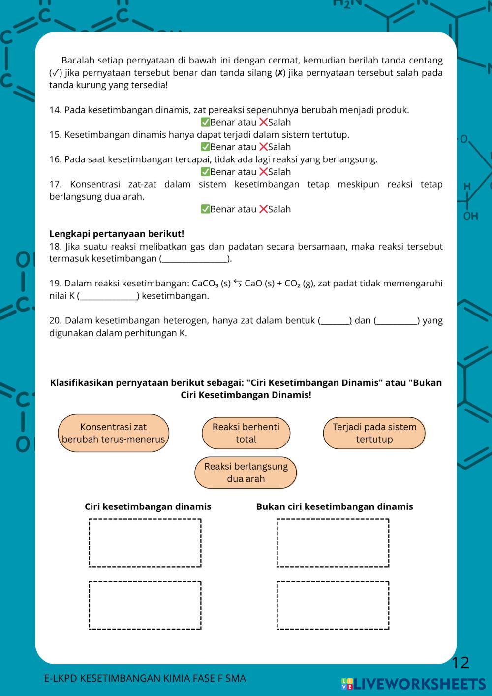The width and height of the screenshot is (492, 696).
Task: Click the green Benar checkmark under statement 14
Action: pos(205,122)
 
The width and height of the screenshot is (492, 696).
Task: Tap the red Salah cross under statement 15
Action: pos(263,147)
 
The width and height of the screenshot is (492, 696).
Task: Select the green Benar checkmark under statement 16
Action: pos(205,172)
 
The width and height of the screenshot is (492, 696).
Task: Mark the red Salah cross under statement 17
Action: pos(263,209)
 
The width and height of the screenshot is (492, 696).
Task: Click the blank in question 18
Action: pos(195,258)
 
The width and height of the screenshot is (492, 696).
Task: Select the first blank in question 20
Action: pos(336,321)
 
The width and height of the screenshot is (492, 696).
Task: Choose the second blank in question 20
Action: pos(397,321)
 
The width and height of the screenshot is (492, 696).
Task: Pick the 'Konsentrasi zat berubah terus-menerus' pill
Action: pos(113,433)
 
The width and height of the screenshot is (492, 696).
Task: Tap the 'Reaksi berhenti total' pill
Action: pos(246,433)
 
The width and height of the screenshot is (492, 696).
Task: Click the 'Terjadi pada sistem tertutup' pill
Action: pos(374,433)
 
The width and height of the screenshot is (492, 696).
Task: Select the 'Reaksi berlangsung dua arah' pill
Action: pos(246,473)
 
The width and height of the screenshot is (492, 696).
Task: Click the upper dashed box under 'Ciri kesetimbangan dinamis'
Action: pos(145,542)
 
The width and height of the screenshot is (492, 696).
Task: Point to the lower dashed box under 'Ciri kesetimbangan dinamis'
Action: pos(145,605)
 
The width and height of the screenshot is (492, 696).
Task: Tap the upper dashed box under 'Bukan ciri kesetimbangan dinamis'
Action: pos(333,542)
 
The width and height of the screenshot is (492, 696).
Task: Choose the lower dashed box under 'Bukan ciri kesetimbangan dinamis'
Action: pos(333,605)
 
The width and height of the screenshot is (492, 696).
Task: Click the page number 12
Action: pos(461,663)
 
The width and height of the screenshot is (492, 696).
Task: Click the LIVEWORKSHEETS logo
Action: pos(413,684)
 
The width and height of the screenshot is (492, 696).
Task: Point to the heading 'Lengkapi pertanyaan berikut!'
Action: pos(117,234)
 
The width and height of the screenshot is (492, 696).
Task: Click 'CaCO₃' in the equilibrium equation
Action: pos(205,284)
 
